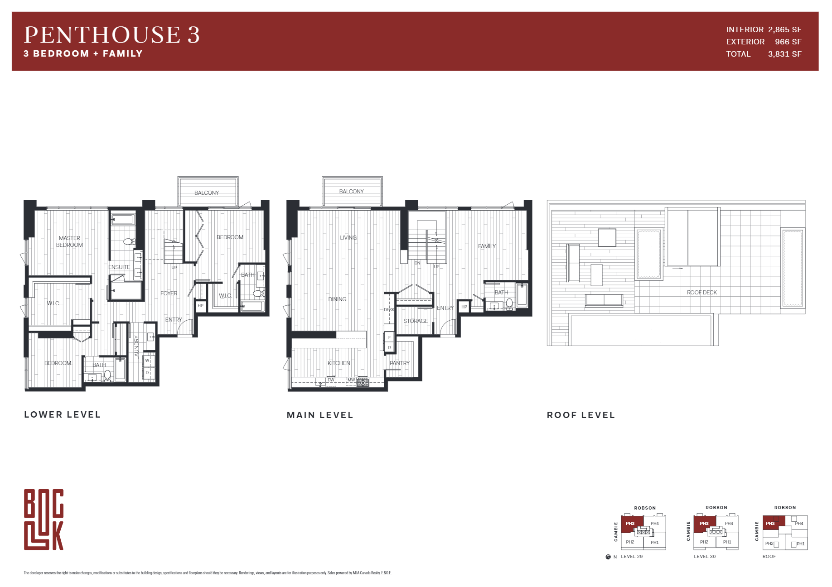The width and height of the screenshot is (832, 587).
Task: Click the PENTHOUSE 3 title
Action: (111, 35)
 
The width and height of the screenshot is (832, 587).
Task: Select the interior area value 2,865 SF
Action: (784, 29)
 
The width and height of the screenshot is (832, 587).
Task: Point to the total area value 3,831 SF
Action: (784, 54)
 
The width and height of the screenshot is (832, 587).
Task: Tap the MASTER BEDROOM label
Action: (69, 241)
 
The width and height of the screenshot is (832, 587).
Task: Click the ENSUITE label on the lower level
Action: (119, 267)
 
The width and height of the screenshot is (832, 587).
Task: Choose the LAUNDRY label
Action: (136, 347)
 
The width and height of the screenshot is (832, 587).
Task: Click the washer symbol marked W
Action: (147, 361)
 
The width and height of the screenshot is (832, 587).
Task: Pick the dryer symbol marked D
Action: (147, 373)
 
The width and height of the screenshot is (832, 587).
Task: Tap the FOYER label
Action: (169, 293)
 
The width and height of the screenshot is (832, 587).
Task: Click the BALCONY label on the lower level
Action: (207, 193)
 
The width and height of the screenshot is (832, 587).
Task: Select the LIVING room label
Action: (348, 238)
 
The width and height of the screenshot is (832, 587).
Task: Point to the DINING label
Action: (337, 299)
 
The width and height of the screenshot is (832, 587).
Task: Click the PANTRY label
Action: (399, 363)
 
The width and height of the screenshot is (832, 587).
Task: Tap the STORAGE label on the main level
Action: (416, 321)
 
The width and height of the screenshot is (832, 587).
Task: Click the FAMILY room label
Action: (487, 246)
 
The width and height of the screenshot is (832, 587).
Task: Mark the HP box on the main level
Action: (464, 307)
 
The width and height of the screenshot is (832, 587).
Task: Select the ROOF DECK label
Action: (701, 293)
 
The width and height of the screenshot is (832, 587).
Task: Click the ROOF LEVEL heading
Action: (580, 415)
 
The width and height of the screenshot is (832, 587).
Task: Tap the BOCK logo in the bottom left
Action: (44, 520)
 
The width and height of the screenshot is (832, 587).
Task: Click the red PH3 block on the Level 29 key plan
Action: (630, 524)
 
